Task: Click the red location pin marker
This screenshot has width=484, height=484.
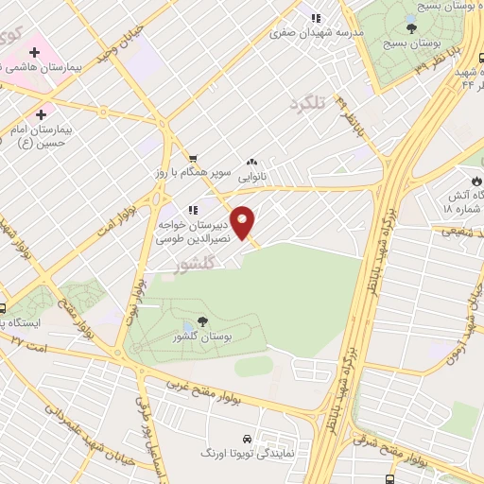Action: tap(243, 222)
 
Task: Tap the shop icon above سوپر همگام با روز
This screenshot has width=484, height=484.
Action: tap(193, 159)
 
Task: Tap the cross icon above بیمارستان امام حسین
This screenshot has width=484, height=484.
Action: tap(40, 113)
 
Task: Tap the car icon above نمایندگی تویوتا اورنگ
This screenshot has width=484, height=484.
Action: tap(247, 440)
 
